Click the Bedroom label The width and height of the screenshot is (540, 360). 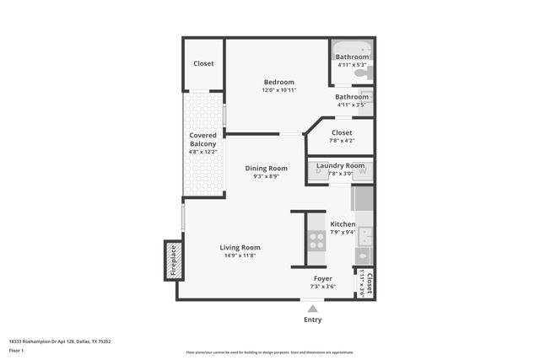278,82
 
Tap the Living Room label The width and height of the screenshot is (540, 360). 240,247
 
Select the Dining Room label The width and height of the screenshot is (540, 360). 267,168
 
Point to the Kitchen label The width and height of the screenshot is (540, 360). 343,223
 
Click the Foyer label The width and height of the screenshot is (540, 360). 323,278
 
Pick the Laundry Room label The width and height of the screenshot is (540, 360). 341,165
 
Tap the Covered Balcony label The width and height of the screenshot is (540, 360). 203,139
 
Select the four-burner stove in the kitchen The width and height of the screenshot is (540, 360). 316,241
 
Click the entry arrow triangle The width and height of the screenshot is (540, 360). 313,309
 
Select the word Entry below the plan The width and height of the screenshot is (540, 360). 313,320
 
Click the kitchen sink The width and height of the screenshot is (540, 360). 364,254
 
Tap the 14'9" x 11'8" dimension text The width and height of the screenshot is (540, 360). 240,255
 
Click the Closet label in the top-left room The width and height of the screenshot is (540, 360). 203,63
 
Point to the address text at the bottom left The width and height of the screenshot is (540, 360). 60,341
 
